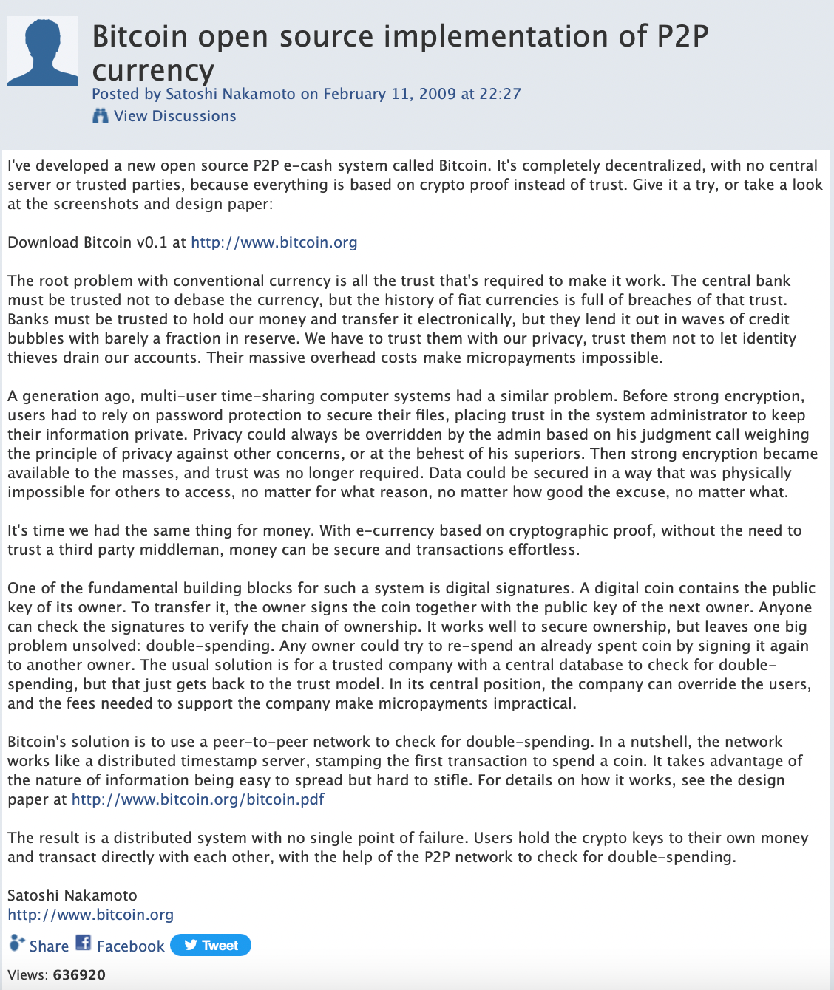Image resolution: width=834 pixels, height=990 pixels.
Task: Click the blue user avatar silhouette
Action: pyautogui.click(x=43, y=52)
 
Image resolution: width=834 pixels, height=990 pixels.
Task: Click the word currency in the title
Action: pyautogui.click(x=153, y=71)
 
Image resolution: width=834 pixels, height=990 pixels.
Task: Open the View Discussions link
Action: pyautogui.click(x=174, y=116)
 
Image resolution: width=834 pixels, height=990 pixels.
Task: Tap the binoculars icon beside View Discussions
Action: pyautogui.click(x=101, y=116)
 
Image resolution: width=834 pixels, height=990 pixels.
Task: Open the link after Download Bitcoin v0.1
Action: pyautogui.click(x=274, y=242)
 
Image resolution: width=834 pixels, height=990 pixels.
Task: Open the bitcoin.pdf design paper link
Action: pyautogui.click(x=197, y=799)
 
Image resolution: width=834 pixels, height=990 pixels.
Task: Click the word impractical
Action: pyautogui.click(x=530, y=703)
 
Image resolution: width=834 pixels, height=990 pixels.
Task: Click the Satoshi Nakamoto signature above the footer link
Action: pyautogui.click(x=72, y=895)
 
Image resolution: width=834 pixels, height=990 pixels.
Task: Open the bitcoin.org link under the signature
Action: pyautogui.click(x=90, y=915)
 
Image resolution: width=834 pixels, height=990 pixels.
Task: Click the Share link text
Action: pyautogui.click(x=49, y=946)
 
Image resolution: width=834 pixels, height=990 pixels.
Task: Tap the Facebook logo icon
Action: pyautogui.click(x=84, y=943)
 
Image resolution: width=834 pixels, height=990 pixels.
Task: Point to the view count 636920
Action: pyautogui.click(x=79, y=974)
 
